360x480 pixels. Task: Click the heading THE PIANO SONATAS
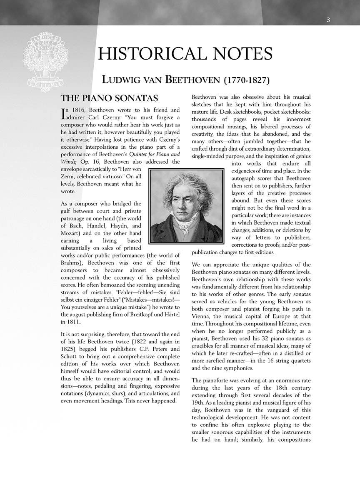point(110,99)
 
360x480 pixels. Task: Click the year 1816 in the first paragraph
point(76,110)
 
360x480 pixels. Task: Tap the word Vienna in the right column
point(202,316)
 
